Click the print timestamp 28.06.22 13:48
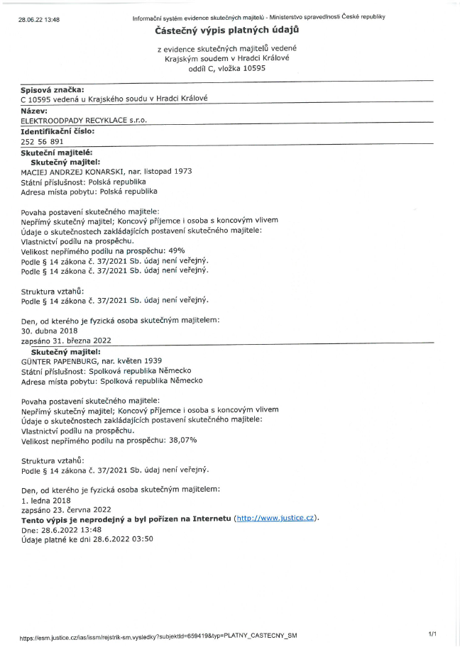(x=39, y=19)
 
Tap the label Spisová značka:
(x=53, y=89)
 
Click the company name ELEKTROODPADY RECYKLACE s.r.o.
(x=84, y=121)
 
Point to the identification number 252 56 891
(x=43, y=141)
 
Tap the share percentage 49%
(x=177, y=250)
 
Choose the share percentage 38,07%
(x=182, y=440)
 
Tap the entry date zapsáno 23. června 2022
(x=66, y=509)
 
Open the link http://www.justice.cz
(x=276, y=519)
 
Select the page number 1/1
(x=432, y=632)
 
